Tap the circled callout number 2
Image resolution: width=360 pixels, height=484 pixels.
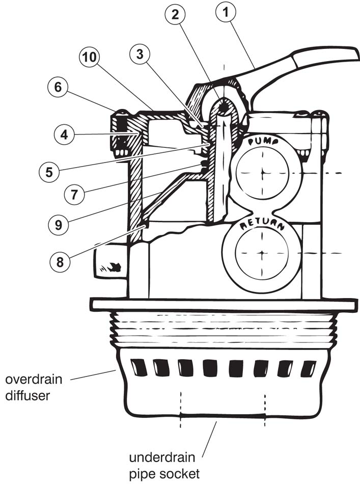pos(175,16)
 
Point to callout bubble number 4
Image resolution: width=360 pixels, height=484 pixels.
pos(64,136)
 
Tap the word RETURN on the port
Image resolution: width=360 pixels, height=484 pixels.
pos(262,224)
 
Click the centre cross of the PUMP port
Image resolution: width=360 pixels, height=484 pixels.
pos(262,173)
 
